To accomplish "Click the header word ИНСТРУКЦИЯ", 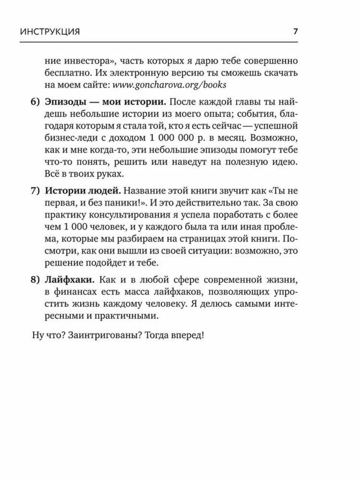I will coord(49,32).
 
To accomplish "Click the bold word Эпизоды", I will coord(63,102).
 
